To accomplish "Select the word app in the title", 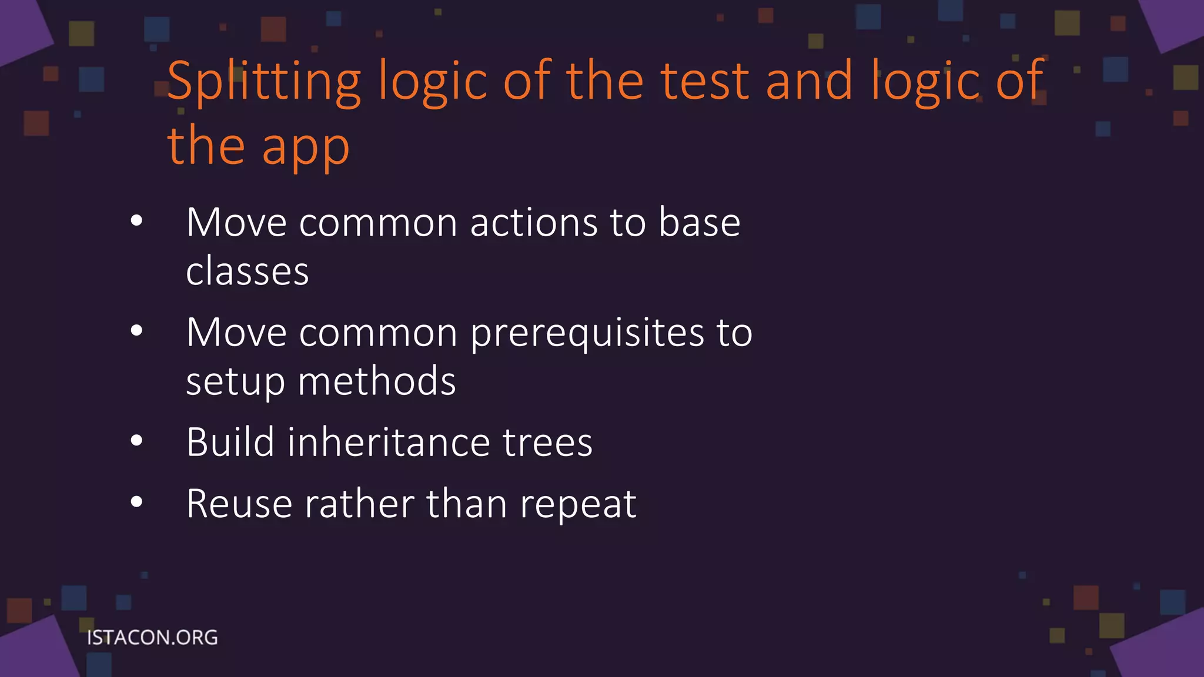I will click(305, 148).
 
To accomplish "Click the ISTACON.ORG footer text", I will click(152, 638).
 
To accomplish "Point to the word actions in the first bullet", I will click(534, 223).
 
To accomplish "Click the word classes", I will click(247, 272).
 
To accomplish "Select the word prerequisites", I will click(587, 334).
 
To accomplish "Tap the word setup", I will click(235, 382).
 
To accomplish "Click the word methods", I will click(377, 381).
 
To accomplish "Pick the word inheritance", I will click(388, 443).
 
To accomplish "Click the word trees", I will click(547, 443).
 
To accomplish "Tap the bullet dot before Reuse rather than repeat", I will click(137, 502).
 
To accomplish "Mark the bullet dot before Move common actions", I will click(137, 221).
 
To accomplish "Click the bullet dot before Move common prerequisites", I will click(137, 331).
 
